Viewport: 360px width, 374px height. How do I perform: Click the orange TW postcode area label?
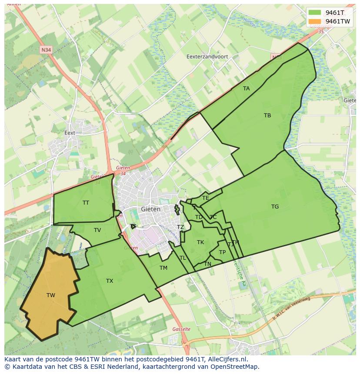[x=51, y=295]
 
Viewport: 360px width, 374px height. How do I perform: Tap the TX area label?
[x=110, y=281]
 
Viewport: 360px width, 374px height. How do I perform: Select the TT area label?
[x=86, y=203]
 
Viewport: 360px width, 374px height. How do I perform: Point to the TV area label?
[x=97, y=230]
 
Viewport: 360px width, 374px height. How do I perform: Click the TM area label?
[x=163, y=268]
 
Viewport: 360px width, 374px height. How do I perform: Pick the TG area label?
[x=275, y=207]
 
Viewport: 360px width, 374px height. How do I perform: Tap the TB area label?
[x=267, y=116]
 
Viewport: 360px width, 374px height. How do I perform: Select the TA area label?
[x=247, y=89]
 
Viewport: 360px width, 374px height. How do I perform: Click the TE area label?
[x=206, y=198]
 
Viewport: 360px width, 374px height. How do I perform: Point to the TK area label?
[x=200, y=242]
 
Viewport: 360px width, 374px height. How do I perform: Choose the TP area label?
[x=222, y=252]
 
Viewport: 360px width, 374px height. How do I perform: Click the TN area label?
[x=208, y=264]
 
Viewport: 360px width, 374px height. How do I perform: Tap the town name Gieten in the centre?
[x=150, y=209]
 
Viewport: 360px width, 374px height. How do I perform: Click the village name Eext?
[x=70, y=133]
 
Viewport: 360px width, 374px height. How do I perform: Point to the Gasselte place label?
[x=181, y=329]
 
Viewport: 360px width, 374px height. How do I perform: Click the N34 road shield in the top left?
[x=46, y=50]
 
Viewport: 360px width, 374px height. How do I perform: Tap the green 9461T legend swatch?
[x=315, y=13]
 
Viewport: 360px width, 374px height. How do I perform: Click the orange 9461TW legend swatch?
[x=315, y=21]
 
